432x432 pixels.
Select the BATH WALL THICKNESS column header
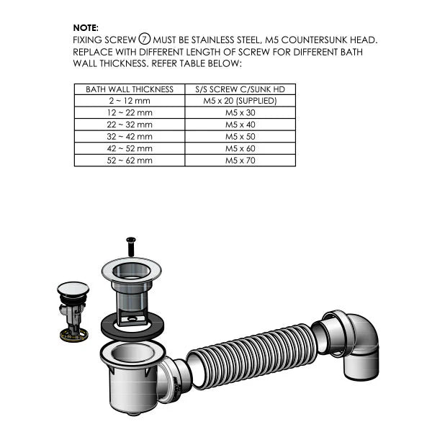pyautogui.click(x=130, y=89)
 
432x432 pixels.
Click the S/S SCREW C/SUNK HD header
pyautogui.click(x=240, y=89)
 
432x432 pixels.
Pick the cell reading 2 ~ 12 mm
pyautogui.click(x=130, y=102)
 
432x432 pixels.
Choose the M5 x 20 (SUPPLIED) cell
pyautogui.click(x=240, y=102)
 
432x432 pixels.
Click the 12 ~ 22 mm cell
pyautogui.click(x=130, y=113)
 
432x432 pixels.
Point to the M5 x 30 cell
pyautogui.click(x=240, y=113)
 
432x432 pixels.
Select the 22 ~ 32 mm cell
pyautogui.click(x=130, y=125)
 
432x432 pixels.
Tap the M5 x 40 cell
pyautogui.click(x=240, y=125)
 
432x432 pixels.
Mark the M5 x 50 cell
pyautogui.click(x=240, y=136)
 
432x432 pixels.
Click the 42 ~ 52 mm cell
pyautogui.click(x=130, y=148)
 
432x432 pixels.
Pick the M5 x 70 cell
pyautogui.click(x=240, y=160)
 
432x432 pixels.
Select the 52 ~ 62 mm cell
pyautogui.click(x=130, y=160)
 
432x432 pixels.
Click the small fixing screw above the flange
pyautogui.click(x=131, y=246)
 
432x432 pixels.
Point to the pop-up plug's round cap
pyautogui.click(x=73, y=289)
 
